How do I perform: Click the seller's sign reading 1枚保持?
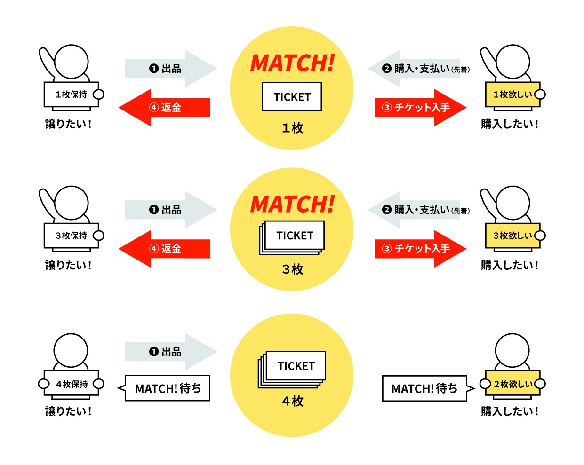click(72, 95)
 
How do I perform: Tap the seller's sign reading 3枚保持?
click(72, 236)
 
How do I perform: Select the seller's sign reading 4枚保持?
click(72, 384)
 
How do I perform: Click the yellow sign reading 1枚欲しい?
click(512, 95)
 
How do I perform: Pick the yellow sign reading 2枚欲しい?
click(512, 384)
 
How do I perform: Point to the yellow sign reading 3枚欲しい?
click(512, 236)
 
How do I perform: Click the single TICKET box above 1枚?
click(292, 97)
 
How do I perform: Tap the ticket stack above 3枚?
click(293, 237)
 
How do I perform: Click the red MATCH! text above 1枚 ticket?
click(292, 63)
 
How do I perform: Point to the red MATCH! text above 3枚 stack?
click(292, 205)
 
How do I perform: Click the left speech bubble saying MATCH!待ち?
click(168, 388)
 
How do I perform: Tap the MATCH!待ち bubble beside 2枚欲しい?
click(424, 388)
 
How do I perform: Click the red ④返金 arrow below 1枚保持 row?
click(165, 108)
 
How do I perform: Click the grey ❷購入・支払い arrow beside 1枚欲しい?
click(414, 69)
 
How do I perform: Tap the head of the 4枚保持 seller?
click(71, 350)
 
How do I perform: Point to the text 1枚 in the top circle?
click(292, 128)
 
